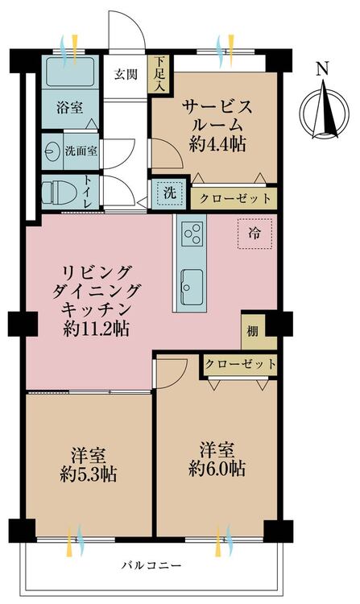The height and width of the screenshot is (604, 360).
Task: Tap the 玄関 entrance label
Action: [126, 73]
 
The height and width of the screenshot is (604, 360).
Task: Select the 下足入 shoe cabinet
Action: [159, 74]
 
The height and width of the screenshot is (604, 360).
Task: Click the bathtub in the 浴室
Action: [70, 72]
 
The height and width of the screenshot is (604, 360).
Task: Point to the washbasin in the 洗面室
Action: [52, 151]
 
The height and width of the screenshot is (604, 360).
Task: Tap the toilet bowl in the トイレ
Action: [56, 192]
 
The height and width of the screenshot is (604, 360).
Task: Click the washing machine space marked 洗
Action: [169, 193]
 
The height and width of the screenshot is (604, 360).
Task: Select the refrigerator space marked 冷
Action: [254, 234]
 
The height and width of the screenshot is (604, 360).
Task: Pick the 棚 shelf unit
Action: [254, 331]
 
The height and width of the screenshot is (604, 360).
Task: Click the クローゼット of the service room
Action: [234, 199]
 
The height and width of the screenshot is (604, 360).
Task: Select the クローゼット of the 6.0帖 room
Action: [240, 364]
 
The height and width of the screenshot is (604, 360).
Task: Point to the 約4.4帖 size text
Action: [217, 145]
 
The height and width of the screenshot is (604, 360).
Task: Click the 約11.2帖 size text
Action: [96, 329]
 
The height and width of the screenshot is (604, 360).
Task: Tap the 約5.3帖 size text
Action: [88, 474]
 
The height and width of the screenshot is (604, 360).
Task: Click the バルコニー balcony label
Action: [151, 565]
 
